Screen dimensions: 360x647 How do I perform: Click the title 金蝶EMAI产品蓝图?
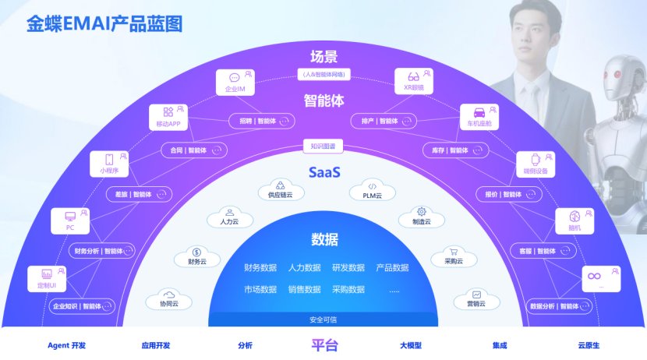coord(104,24)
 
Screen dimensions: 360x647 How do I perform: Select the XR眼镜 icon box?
coord(413,80)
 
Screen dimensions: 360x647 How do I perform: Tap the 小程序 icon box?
coord(108,163)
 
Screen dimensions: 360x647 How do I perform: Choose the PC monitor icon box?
coord(70,221)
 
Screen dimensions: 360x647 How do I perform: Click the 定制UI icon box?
coord(47,277)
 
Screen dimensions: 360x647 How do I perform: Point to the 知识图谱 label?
coord(323,146)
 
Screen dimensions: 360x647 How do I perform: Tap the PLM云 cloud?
coord(373,190)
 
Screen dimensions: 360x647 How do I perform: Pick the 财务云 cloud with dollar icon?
coord(196,256)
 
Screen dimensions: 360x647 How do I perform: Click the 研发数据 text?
coord(348,268)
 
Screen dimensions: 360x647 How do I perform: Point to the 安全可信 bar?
coord(323,319)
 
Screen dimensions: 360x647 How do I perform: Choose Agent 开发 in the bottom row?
coord(65,345)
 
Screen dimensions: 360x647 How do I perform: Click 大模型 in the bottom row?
coord(411,345)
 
